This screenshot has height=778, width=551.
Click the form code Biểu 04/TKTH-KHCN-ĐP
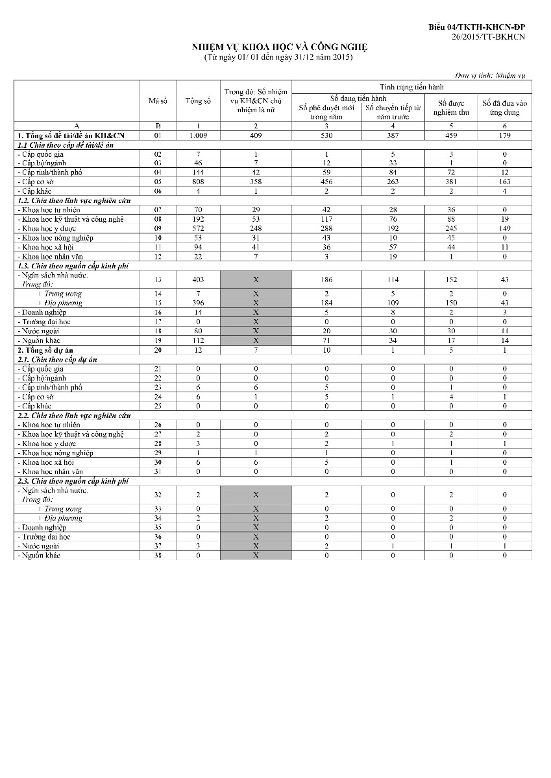click(x=476, y=27)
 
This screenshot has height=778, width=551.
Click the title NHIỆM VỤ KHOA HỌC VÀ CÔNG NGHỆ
click(x=279, y=47)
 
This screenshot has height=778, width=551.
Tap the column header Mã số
click(x=158, y=101)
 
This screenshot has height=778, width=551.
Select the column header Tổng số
click(x=198, y=101)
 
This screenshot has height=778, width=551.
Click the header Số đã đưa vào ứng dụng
click(x=504, y=108)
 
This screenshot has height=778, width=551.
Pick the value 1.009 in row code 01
click(x=198, y=136)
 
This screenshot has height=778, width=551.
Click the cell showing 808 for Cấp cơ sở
click(x=198, y=182)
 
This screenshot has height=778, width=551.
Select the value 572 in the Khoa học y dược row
click(x=198, y=228)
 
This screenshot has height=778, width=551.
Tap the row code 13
click(x=158, y=279)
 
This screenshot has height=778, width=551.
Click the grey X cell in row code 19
click(x=256, y=340)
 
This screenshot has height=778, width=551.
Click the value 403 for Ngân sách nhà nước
click(x=198, y=279)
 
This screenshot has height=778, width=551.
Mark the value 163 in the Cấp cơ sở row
click(x=504, y=182)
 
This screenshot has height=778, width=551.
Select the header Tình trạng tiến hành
click(x=411, y=86)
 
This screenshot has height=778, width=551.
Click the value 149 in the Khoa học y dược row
click(x=504, y=228)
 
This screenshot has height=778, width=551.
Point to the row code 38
click(x=158, y=556)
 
